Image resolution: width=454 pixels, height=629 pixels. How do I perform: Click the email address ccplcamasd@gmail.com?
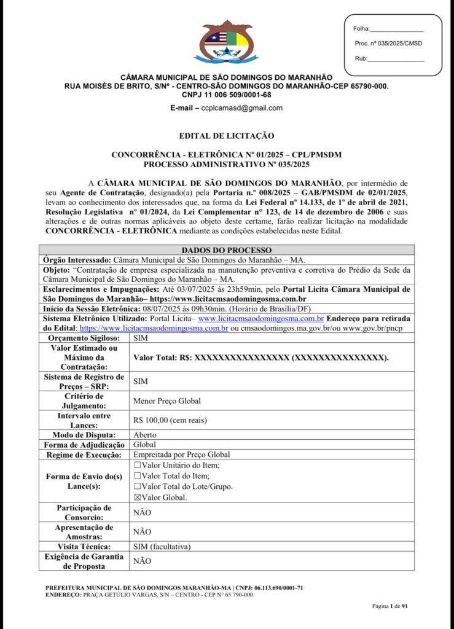click(x=235, y=107)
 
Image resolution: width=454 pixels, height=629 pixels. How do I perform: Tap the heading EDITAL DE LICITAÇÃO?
click(x=226, y=135)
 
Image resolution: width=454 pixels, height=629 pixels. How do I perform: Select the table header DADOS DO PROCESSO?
click(x=226, y=250)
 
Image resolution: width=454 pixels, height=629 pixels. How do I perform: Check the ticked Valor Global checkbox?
click(x=138, y=498)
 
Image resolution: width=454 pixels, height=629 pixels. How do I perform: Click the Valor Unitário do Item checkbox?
click(x=138, y=465)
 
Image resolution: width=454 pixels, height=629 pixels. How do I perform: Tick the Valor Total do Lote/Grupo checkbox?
click(x=138, y=486)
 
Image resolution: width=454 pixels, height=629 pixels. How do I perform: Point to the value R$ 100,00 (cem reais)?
click(x=170, y=421)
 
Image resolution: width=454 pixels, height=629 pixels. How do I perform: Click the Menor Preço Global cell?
click(x=167, y=400)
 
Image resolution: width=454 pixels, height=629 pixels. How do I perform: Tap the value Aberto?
click(x=145, y=435)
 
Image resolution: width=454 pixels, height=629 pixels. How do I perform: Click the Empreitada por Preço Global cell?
click(x=181, y=455)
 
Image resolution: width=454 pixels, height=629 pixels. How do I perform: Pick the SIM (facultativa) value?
click(x=162, y=546)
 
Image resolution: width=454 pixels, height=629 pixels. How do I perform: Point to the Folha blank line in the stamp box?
click(x=397, y=29)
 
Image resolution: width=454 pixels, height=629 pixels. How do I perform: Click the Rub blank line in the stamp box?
click(x=396, y=59)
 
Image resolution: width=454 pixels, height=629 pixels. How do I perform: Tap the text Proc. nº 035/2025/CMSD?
click(x=388, y=44)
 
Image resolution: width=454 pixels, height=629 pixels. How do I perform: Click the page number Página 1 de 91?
click(x=390, y=606)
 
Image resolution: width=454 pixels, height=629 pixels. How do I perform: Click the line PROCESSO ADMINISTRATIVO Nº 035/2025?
click(x=226, y=165)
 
